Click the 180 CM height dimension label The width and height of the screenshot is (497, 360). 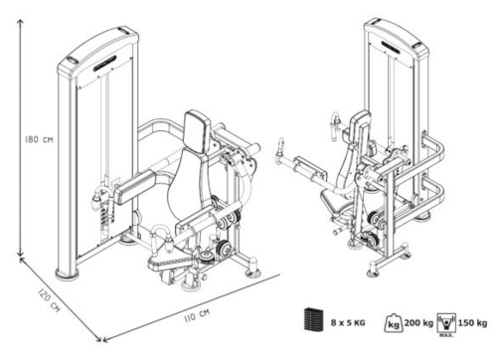pyautogui.click(x=39, y=139)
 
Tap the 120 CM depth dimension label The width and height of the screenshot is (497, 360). pyautogui.click(x=49, y=300)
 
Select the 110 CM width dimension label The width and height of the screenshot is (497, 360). pyautogui.click(x=197, y=315)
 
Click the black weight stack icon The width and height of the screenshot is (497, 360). pyautogui.click(x=313, y=319)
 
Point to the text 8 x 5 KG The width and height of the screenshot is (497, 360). pyautogui.click(x=348, y=322)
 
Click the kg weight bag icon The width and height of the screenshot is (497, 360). pyautogui.click(x=394, y=322)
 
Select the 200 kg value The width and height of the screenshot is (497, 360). pyautogui.click(x=418, y=322)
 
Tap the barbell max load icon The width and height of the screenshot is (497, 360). pyautogui.click(x=446, y=322)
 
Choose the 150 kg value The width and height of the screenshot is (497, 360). pyautogui.click(x=472, y=322)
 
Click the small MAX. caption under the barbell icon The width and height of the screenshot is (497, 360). pyautogui.click(x=446, y=335)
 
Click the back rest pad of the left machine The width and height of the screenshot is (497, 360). pyautogui.click(x=198, y=132)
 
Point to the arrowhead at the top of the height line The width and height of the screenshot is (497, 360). pyautogui.click(x=21, y=22)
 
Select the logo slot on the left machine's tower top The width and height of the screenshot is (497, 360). pyautogui.click(x=104, y=64)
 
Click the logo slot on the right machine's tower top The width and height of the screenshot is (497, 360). pyautogui.click(x=395, y=46)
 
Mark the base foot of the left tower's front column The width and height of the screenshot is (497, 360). pyautogui.click(x=68, y=273)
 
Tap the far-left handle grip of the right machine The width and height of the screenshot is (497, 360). pyautogui.click(x=281, y=147)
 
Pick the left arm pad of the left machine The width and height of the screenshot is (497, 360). pyautogui.click(x=135, y=186)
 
